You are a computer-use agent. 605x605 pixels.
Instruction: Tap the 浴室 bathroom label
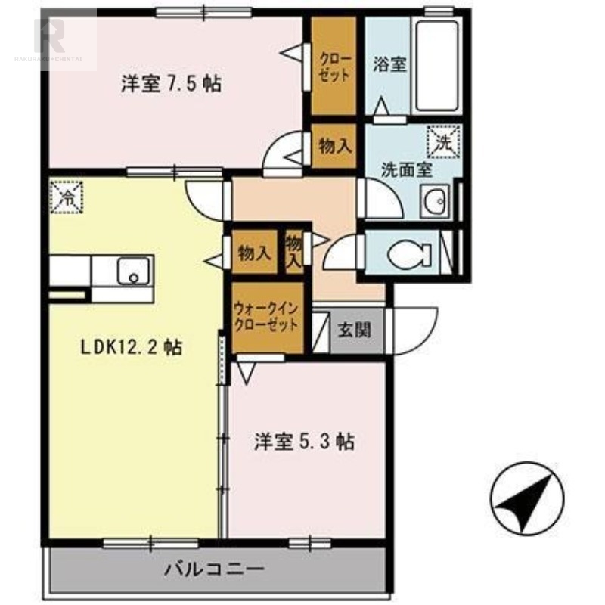click(x=390, y=64)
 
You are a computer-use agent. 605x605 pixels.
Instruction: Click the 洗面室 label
click(x=406, y=169)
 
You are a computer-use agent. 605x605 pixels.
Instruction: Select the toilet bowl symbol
click(x=409, y=253)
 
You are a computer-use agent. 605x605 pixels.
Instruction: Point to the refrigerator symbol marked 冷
click(x=67, y=198)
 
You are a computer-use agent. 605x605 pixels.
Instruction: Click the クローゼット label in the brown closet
click(x=334, y=67)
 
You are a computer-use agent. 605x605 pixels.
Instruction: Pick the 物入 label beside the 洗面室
click(x=335, y=146)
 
